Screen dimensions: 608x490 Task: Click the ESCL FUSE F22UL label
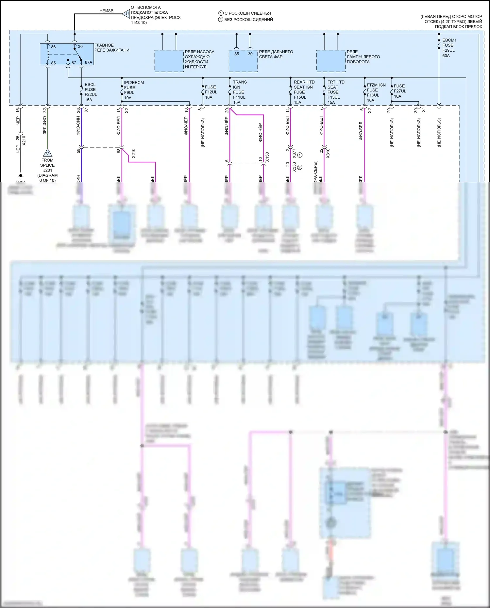pos(91,92)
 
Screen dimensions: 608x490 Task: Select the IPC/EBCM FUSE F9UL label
pos(133,90)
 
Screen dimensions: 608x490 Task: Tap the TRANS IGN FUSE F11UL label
pos(240,92)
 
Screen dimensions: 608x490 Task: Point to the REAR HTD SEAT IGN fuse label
pos(304,92)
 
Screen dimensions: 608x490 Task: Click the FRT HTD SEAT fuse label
pos(335,92)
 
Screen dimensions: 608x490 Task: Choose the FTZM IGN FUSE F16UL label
pos(376,92)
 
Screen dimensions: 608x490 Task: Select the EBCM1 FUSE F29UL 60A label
pos(449,48)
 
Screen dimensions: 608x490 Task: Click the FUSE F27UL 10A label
pos(399,91)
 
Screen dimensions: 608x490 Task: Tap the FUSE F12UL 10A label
pos(211,92)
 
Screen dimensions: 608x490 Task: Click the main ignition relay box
pos(67,54)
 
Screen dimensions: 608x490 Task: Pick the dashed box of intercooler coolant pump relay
pos(169,61)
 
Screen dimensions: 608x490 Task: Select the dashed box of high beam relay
pos(243,61)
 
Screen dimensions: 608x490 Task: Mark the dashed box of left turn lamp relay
pos(331,61)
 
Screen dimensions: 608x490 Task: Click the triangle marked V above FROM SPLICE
pos(47,153)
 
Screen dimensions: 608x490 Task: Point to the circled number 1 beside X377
pos(300,155)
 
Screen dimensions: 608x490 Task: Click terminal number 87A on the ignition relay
pos(88,62)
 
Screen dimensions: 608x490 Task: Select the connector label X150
pos(267,157)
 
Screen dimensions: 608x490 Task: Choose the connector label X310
pos(328,154)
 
